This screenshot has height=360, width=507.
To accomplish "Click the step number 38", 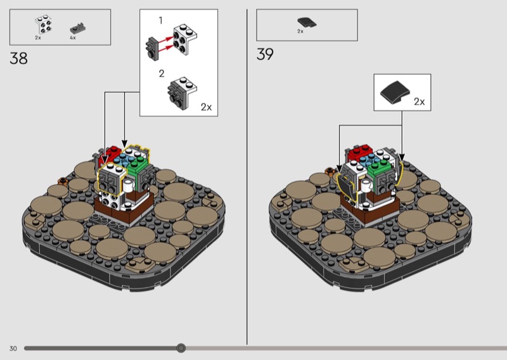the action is coord(19,58).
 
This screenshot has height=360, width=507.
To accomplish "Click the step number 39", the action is coord(265,54).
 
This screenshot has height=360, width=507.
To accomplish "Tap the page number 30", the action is coord(13,349).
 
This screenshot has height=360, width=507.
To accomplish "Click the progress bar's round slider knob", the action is coord(181,348).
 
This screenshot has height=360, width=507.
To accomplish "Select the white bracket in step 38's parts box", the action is coord(43,24).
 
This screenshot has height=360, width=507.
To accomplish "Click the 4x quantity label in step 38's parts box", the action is coord(73,38).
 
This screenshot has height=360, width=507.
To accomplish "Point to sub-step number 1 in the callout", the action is coord(161,20).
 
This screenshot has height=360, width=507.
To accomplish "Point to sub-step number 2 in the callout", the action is coord(162,74).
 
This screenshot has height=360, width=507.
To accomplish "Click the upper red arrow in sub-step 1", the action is coord(166,40).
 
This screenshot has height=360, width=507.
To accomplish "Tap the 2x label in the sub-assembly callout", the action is coord(207,107).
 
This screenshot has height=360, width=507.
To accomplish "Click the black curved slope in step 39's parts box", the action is coord(307,23).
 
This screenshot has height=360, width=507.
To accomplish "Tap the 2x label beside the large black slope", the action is coord(420,101).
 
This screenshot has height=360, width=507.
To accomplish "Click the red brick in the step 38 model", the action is coord(111,153).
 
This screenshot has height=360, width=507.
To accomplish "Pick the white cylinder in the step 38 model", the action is coord(129,186).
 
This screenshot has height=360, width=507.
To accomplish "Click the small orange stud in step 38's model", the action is coord(62,181).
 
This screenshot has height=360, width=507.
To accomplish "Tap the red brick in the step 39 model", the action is coord(359,152).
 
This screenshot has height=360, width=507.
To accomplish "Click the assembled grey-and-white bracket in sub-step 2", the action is coord(182,91).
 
